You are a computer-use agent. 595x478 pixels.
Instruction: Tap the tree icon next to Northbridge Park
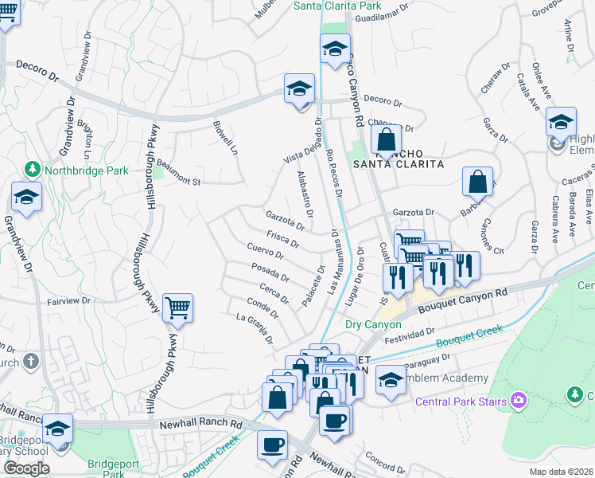(x=33, y=170)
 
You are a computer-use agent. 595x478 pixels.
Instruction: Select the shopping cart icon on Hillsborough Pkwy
(x=177, y=308)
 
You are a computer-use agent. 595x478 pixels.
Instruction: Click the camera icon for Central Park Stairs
(x=519, y=400)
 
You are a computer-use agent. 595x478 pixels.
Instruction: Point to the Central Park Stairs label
(x=461, y=402)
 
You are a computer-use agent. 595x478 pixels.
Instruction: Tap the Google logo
(x=26, y=468)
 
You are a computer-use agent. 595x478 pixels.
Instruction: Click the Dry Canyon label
(x=373, y=324)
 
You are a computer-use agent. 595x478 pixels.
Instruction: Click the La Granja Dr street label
(x=255, y=327)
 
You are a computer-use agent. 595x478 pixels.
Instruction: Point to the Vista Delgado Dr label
(x=303, y=142)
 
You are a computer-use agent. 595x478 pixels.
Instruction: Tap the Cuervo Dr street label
(x=266, y=251)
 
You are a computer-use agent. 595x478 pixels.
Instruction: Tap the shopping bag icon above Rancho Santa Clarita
(x=386, y=140)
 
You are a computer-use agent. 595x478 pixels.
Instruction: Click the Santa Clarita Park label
(x=337, y=6)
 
